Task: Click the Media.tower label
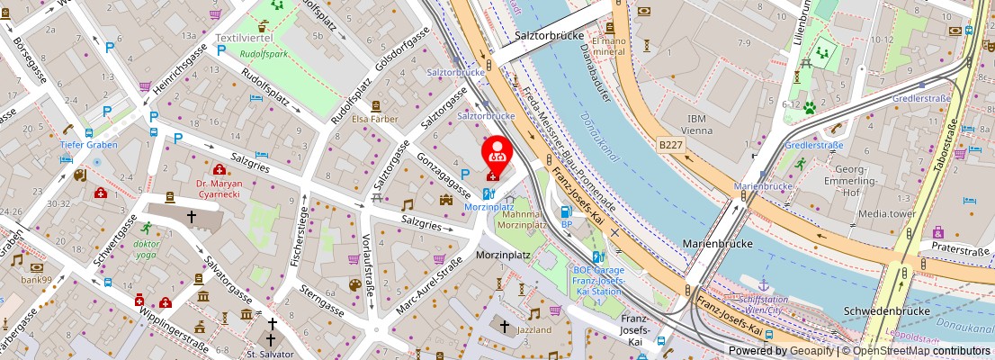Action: point(886,214)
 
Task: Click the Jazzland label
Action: point(534,330)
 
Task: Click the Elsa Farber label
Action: point(374,119)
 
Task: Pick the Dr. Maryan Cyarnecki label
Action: point(219,190)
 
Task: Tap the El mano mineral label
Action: point(607,47)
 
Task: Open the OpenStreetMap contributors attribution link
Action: point(914,351)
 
